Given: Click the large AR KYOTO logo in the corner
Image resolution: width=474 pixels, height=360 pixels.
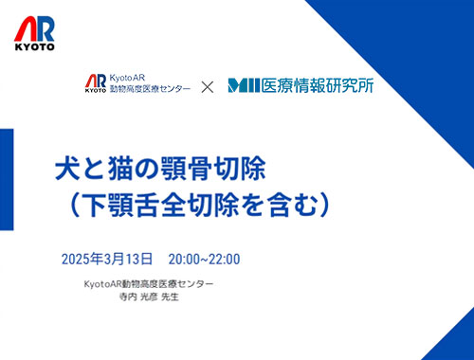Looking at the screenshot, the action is click(34, 33).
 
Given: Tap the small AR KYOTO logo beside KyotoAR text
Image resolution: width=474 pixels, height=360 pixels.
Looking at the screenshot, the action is click(96, 83).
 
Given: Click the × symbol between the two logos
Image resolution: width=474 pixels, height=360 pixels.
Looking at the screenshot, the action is click(208, 87).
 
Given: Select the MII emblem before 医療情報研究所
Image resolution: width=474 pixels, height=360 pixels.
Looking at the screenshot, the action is click(244, 85).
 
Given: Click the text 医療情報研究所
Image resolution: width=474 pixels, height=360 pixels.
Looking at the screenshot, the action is click(318, 85).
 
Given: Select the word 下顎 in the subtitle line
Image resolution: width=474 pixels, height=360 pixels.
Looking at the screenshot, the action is click(107, 206).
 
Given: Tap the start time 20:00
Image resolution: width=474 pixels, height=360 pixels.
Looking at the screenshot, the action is click(184, 260).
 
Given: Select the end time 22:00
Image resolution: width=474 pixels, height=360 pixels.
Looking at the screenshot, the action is click(225, 260).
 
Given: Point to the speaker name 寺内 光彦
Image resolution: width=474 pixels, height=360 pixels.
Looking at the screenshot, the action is click(138, 297).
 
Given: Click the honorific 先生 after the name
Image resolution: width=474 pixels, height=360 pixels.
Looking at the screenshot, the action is click(170, 297).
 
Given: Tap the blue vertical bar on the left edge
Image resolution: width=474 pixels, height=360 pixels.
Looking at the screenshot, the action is click(7, 179).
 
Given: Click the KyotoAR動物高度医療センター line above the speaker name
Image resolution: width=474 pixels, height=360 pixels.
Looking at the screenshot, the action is click(149, 284).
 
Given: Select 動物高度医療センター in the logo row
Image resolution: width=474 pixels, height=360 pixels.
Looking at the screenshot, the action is click(150, 89).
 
